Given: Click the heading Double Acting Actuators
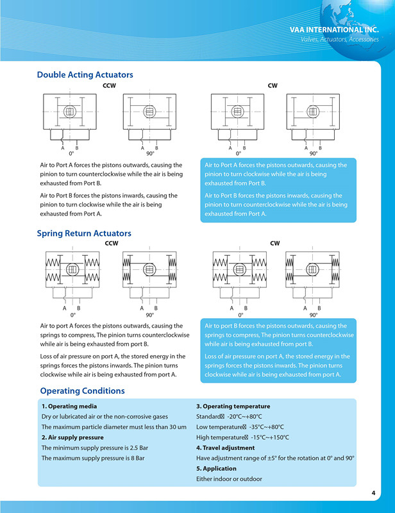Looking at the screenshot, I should point(85,75).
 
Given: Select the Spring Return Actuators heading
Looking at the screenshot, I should point(84,233).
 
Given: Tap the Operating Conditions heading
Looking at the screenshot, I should point(82,391).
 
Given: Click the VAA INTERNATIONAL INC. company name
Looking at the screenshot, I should point(334,29).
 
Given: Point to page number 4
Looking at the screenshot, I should point(373,492).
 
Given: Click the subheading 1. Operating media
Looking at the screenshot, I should point(69,406).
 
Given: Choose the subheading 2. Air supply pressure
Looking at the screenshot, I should point(72,437).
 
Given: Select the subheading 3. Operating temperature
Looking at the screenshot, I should point(233,406).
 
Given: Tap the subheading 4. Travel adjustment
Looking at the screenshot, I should point(225,448).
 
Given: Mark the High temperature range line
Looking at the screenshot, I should point(242,437).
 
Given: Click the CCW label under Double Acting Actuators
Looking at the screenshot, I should point(109,85).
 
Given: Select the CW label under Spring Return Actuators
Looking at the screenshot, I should point(275,244).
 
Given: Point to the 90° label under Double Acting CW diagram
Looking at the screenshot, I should point(314,154).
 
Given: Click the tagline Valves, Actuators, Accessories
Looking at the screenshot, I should point(340,40).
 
